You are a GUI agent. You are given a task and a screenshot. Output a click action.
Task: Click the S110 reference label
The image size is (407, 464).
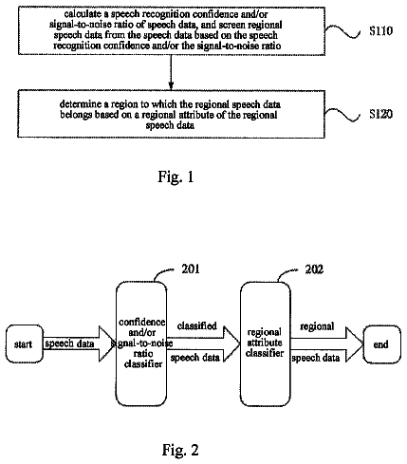click(380, 30)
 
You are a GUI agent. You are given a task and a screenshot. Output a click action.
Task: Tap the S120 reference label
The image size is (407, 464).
click(380, 114)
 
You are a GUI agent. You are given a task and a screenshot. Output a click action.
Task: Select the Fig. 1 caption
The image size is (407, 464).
click(176, 176)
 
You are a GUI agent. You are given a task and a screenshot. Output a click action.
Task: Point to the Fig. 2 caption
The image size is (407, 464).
click(180, 450)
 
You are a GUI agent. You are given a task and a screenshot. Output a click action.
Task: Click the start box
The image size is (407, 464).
click(25, 343)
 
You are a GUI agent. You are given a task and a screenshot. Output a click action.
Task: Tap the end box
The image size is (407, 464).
click(381, 344)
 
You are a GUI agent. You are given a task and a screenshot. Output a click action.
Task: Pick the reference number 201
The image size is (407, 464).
click(191, 269)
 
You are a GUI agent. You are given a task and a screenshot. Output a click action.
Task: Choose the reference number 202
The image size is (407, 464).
click(314, 269)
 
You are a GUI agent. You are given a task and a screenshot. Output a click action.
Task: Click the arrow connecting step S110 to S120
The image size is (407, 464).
click(171, 72)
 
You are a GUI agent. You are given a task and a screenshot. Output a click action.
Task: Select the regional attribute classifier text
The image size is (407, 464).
click(265, 343)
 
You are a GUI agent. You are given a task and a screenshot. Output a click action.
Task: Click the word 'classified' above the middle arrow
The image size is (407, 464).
click(196, 325)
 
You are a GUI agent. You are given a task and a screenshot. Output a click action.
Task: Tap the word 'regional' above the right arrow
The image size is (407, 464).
click(317, 326)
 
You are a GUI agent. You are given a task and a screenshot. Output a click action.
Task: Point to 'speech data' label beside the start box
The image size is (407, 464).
click(69, 343)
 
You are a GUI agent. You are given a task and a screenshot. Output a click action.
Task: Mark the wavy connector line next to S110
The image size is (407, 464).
click(342, 31)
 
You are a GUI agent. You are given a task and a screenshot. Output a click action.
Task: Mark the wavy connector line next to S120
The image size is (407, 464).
click(342, 115)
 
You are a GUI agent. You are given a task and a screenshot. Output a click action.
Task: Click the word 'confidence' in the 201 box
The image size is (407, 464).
click(142, 323)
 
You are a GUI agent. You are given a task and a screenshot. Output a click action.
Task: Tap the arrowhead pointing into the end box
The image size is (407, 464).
click(354, 344)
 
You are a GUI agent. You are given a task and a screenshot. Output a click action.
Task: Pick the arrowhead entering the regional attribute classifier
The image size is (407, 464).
click(231, 344)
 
